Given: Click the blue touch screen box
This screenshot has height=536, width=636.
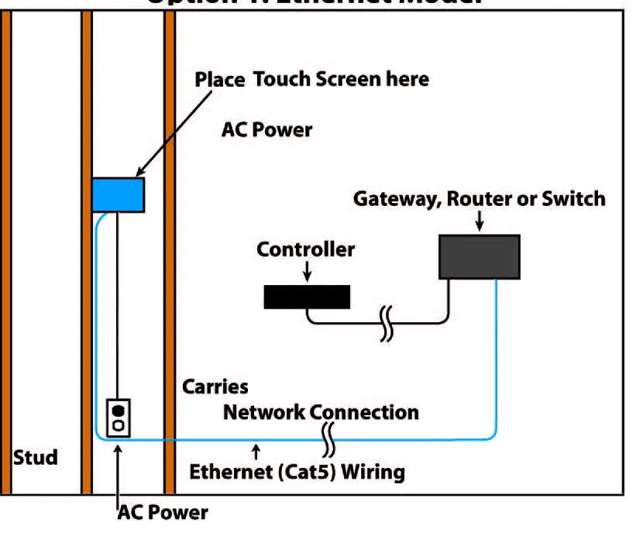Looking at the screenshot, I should [118, 194].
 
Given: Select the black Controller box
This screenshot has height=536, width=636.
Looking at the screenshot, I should [306, 297].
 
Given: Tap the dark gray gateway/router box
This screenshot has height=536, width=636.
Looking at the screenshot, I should [480, 256].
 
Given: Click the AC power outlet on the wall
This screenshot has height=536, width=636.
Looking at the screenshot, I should [118, 418].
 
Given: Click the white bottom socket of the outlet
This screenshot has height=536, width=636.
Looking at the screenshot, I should [118, 426].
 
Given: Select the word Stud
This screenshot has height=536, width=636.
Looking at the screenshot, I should [35, 457].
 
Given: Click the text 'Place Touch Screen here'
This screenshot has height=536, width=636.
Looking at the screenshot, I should [311, 79].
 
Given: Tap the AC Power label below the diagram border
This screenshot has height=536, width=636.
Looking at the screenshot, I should [163, 512].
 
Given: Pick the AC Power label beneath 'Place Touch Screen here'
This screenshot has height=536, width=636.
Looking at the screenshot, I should [266, 129].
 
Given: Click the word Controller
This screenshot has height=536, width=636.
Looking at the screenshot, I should [305, 249].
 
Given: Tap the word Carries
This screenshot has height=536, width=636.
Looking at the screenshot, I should [215, 386].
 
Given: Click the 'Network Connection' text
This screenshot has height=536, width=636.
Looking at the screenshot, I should [321, 412].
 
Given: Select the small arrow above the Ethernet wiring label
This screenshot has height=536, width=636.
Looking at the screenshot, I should [256, 451].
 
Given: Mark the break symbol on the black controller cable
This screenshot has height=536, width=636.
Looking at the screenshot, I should [386, 323].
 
